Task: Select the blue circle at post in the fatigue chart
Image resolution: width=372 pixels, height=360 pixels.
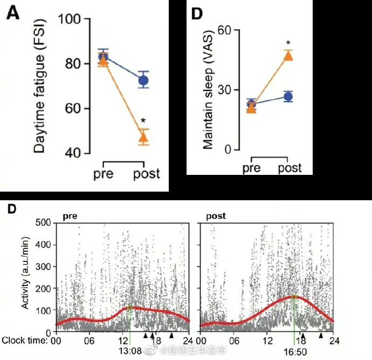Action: (143, 81)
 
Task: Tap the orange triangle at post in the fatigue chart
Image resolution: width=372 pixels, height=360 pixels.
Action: (143, 138)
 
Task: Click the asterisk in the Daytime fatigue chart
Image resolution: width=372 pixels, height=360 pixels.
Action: (143, 120)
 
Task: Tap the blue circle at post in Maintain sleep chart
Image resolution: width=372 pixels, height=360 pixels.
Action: (288, 97)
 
